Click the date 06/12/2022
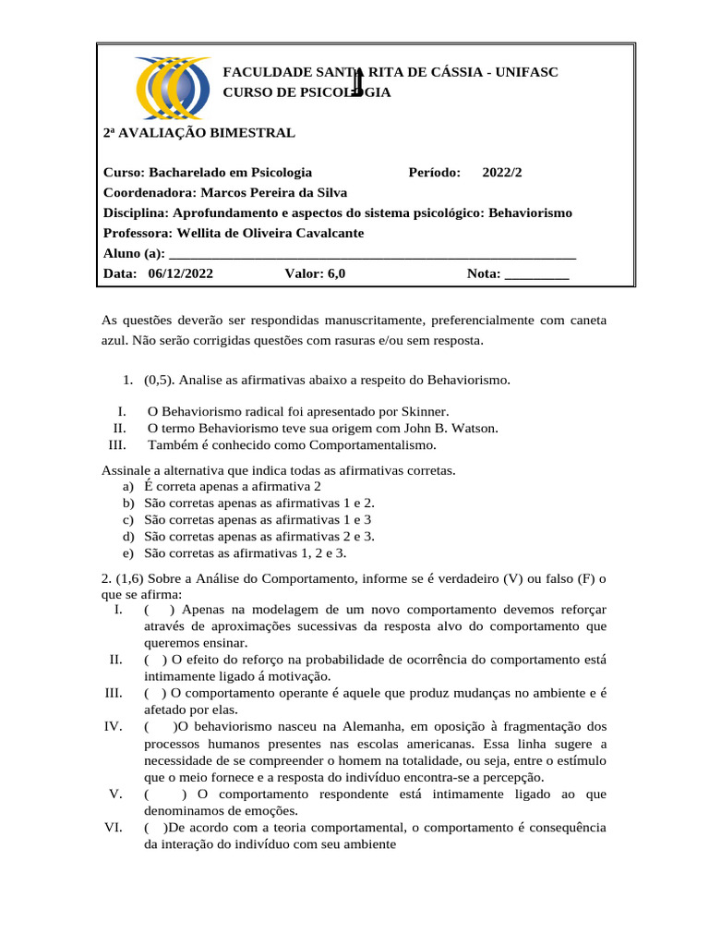[x=179, y=273]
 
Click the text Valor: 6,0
[x=316, y=273]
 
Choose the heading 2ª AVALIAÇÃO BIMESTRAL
[x=198, y=133]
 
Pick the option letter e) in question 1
[x=128, y=552]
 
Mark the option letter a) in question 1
[x=128, y=486]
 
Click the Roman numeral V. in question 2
[x=115, y=794]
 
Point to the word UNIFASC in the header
[x=527, y=72]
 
